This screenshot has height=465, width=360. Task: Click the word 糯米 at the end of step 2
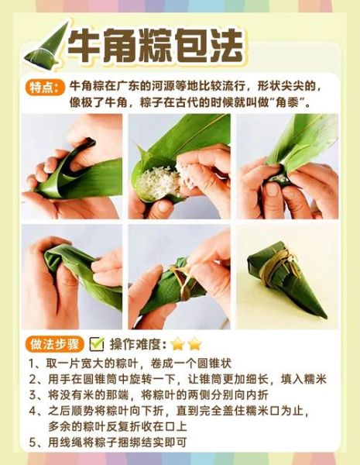(316, 379)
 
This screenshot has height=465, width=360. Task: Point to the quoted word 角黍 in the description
(288, 102)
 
